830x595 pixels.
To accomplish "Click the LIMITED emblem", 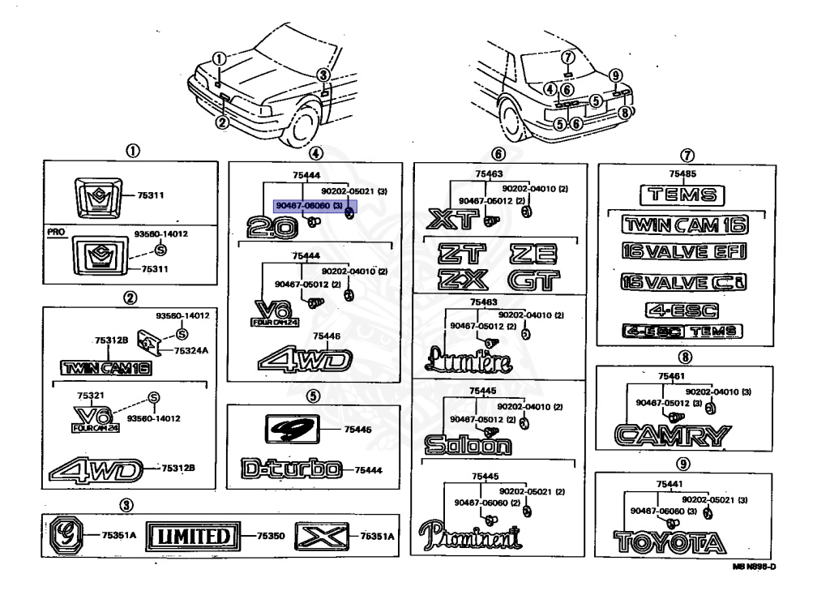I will click(x=195, y=535).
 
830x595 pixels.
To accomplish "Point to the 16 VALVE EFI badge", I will click(x=682, y=251).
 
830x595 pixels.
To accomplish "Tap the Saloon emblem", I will click(x=468, y=444).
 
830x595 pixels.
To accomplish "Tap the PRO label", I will click(x=55, y=232).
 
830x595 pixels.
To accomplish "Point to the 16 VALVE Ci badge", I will click(x=682, y=281).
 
